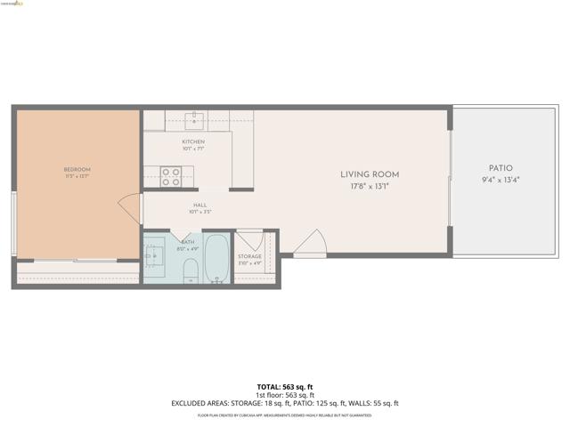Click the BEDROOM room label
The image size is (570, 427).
point(77,169)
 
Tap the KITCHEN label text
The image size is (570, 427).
point(193,141)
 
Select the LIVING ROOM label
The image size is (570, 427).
point(370,174)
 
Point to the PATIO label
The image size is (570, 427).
point(500,168)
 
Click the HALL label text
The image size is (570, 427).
point(200,205)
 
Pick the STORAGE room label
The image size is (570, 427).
point(249,256)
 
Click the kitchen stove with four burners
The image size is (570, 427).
point(171,177)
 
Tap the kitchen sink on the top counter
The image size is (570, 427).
point(197,119)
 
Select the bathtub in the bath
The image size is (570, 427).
point(216,257)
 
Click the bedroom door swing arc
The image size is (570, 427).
point(129,208)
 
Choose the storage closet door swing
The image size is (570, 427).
point(249,240)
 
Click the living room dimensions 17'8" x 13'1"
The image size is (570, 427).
point(370,186)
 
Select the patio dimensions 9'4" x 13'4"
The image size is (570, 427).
point(500,180)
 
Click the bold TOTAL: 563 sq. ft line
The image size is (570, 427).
point(285,387)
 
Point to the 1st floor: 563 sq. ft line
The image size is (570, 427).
point(285,395)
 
